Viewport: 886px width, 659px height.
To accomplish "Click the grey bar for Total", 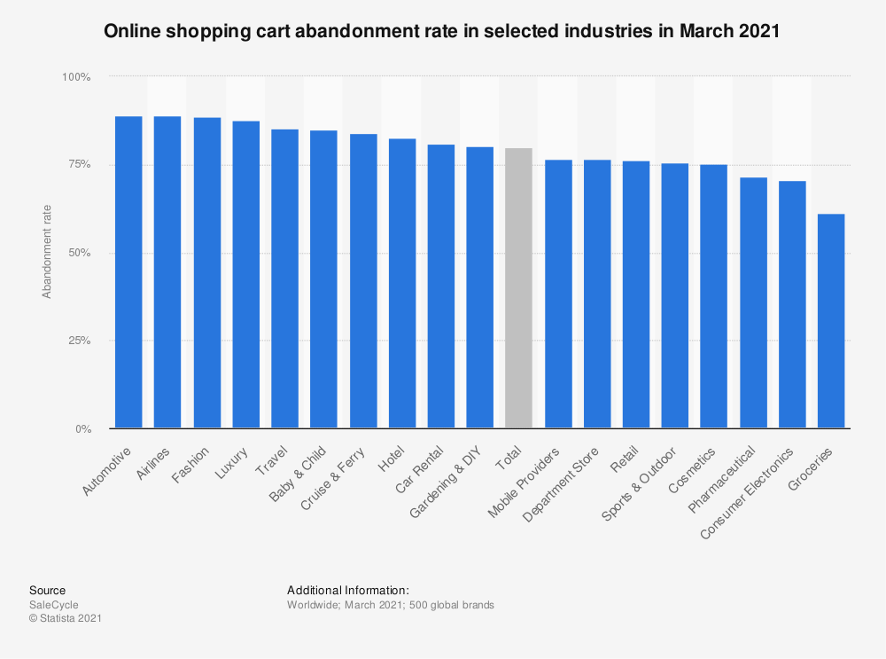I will point(518,288).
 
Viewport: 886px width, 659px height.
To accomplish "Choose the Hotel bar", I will point(401,284).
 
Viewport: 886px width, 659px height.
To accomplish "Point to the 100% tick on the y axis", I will point(76,77).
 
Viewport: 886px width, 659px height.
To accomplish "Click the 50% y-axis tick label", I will point(79,253).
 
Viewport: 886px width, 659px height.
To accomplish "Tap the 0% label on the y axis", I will point(82,429).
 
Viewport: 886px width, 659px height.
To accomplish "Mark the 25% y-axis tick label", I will point(79,341).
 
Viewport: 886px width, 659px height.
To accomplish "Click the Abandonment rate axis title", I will point(47,254).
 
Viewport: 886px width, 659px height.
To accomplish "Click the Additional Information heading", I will point(347,590).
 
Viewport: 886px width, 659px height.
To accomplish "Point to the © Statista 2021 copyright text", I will point(66,619).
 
